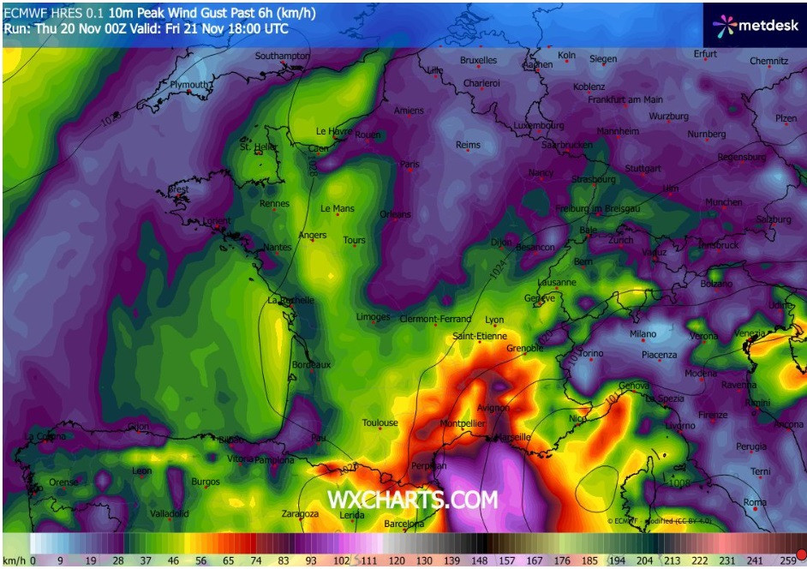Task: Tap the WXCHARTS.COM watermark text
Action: click(412, 500)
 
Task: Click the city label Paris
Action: click(409, 164)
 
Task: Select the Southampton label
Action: click(282, 56)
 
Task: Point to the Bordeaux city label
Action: click(311, 364)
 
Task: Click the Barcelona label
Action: click(403, 524)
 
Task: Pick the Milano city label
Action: click(643, 334)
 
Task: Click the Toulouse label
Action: click(380, 422)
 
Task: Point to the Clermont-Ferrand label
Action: click(435, 319)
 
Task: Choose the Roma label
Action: click(755, 502)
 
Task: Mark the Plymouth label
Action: click(189, 85)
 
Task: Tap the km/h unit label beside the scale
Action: click(14, 560)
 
